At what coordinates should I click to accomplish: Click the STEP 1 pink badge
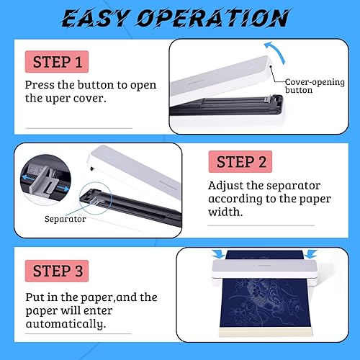point(57,62)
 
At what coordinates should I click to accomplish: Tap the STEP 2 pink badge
point(240,161)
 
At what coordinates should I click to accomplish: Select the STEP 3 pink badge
point(57,271)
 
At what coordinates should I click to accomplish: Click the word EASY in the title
point(96,18)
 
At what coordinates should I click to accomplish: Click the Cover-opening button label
point(315,86)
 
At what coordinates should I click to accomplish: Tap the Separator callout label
point(65,219)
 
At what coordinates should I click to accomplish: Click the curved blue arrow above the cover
point(276,52)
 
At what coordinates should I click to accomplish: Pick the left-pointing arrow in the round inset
point(27,178)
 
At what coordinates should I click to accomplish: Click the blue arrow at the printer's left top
point(218,254)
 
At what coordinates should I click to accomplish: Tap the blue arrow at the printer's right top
point(311,254)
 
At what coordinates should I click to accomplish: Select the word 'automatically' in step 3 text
point(66,324)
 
